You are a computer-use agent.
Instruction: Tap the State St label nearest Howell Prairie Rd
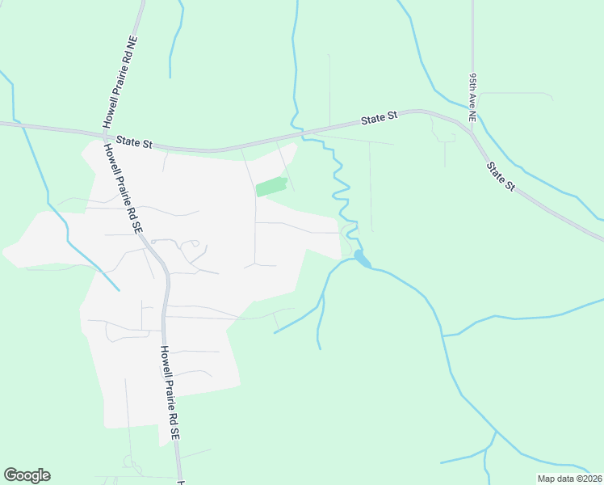click(134, 141)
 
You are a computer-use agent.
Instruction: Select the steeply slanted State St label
click(500, 175)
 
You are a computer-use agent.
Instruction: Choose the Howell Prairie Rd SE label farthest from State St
click(169, 393)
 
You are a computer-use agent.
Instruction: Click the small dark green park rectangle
click(271, 186)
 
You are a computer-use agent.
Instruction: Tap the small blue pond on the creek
click(362, 259)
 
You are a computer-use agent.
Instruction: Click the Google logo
click(27, 475)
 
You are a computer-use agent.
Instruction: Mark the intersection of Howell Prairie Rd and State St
click(102, 133)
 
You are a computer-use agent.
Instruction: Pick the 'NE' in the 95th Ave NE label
click(473, 115)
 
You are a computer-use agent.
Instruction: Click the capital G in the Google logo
click(10, 475)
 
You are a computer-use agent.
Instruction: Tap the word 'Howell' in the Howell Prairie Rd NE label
click(108, 113)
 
